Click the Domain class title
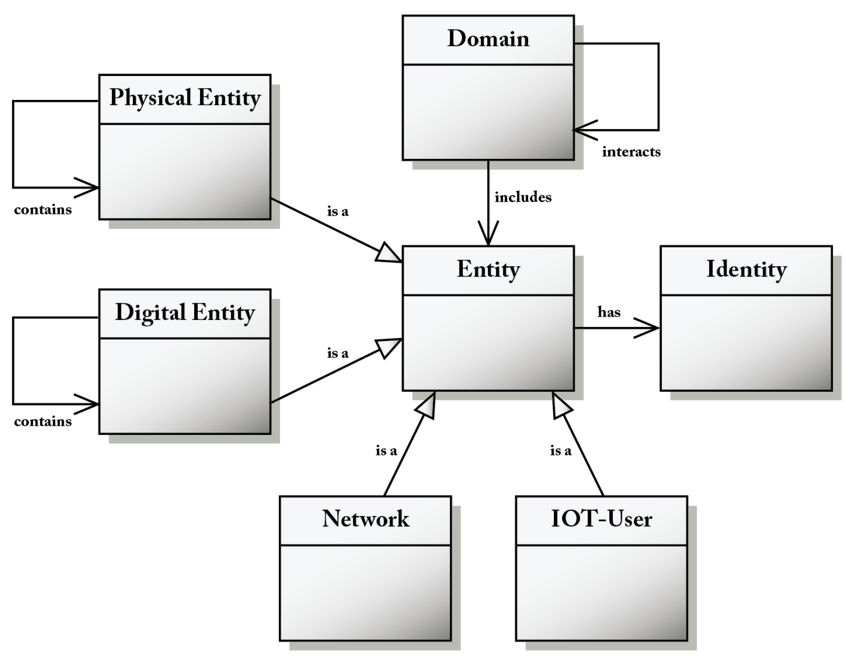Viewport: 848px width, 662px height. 488,39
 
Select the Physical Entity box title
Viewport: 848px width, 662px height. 185,98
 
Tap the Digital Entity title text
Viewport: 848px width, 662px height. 185,313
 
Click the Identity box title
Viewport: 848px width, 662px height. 746,269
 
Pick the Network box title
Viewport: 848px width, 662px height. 365,519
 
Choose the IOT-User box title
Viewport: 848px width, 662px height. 601,519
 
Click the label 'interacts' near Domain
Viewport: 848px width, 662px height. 631,152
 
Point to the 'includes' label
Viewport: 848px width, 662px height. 523,197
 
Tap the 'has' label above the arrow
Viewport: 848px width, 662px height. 609,312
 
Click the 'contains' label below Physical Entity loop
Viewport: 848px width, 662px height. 43,210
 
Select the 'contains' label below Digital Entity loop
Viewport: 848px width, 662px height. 43,422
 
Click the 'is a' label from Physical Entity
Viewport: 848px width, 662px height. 338,212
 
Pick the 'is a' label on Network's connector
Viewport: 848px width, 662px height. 386,451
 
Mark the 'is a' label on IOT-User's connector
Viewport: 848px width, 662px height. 561,451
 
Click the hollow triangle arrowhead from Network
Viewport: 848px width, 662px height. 427,407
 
